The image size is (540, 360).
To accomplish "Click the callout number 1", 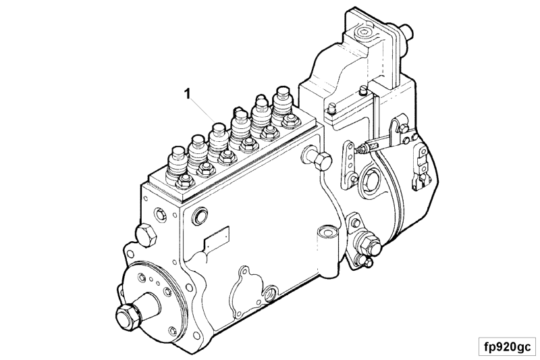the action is click(x=188, y=93).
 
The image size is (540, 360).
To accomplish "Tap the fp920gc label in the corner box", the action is click(x=508, y=346).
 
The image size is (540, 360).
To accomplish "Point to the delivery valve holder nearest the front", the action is click(x=176, y=163).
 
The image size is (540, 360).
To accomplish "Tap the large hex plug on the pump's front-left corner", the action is click(x=146, y=234).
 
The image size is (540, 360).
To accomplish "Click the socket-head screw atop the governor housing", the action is click(x=364, y=33).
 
